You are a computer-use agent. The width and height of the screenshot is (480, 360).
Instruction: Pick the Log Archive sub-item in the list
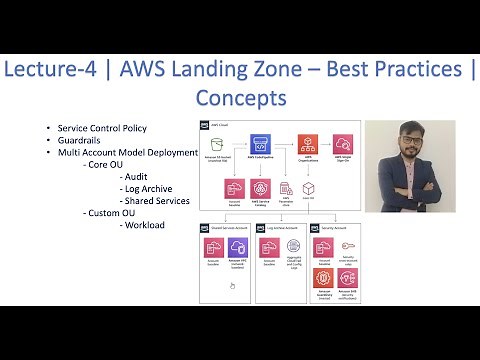click(x=148, y=187)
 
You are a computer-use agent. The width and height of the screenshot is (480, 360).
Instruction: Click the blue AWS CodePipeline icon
click(x=258, y=144)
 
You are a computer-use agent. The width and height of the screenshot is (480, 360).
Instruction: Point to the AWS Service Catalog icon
click(x=259, y=189)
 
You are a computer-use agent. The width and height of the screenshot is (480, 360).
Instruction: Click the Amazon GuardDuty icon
click(x=323, y=279)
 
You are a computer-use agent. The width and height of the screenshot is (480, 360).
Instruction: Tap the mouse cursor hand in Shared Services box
click(x=232, y=285)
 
